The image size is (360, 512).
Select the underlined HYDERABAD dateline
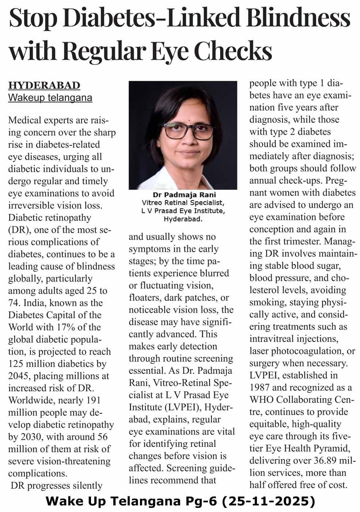point(44,86)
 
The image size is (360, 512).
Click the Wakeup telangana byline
point(50,98)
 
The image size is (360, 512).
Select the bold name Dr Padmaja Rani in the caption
point(184,195)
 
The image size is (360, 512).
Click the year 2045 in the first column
point(18,376)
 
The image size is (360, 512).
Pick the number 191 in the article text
point(93,400)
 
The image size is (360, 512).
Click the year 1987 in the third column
point(261,387)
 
